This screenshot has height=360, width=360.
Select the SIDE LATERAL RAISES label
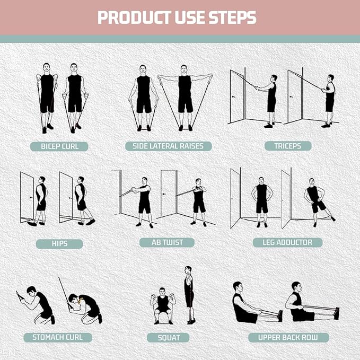tap(168, 146)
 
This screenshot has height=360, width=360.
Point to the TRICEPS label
tap(288, 146)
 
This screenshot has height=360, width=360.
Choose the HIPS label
tap(59, 244)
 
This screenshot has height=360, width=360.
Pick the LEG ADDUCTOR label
tap(287, 242)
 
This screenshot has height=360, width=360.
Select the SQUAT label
tap(169, 338)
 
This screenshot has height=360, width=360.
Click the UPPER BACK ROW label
tap(288, 338)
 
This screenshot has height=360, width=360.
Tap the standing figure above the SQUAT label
tap(188, 295)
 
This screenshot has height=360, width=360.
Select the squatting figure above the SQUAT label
tap(163, 305)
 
